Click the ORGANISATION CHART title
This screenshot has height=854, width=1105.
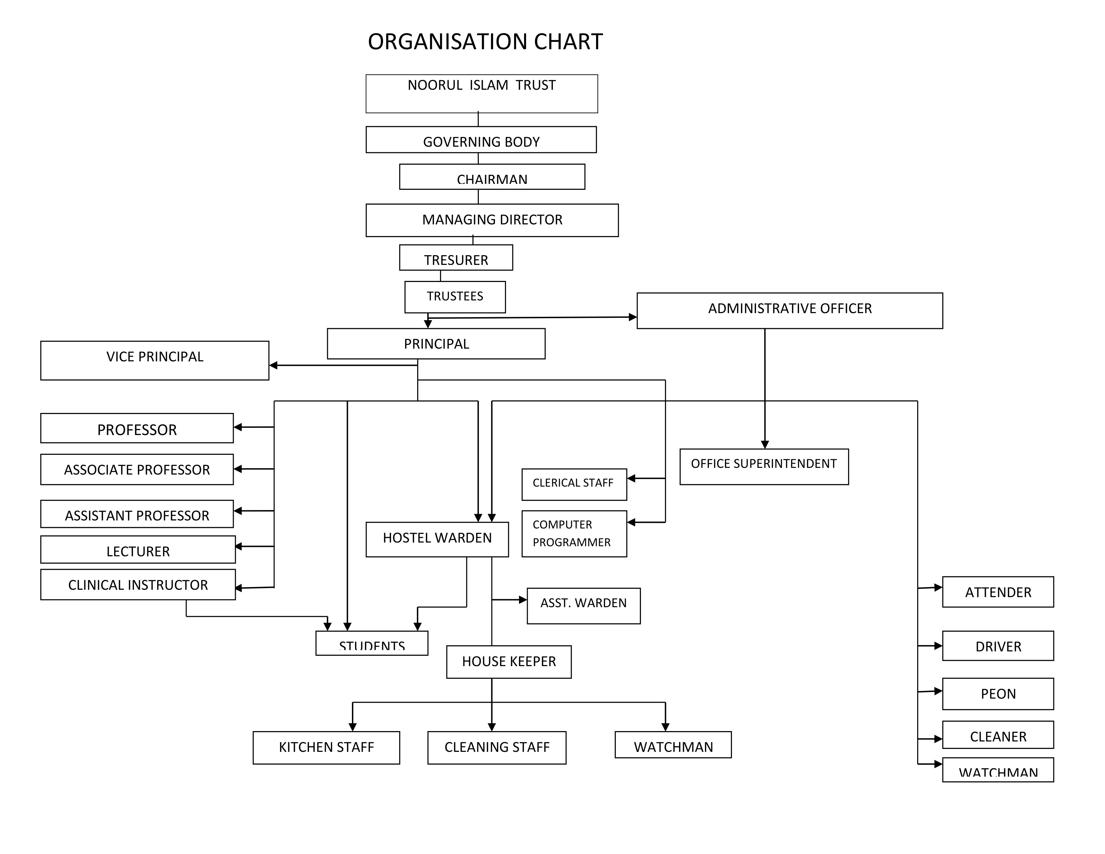pyautogui.click(x=485, y=42)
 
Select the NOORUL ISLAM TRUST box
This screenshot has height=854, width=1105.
pyautogui.click(x=481, y=93)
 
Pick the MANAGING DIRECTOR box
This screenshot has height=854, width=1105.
pyautogui.click(x=492, y=220)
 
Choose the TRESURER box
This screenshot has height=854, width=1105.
pyautogui.click(x=455, y=258)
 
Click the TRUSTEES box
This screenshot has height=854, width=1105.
pyautogui.click(x=454, y=297)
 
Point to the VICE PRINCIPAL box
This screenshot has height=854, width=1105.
pyautogui.click(x=154, y=360)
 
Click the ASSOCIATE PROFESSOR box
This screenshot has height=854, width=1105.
pyautogui.click(x=137, y=470)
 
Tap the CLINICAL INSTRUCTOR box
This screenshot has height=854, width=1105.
pyautogui.click(x=138, y=584)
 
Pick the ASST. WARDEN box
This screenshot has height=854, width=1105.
pyautogui.click(x=583, y=606)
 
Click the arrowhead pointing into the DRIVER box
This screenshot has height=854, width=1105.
pyautogui.click(x=938, y=646)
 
